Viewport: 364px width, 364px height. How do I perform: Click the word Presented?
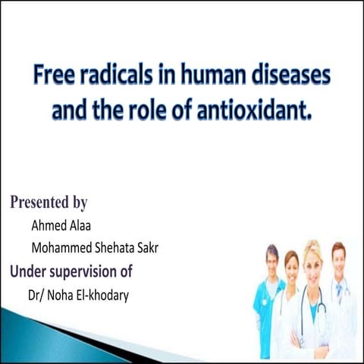[x=38, y=203]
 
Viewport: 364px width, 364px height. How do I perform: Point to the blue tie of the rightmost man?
[x=339, y=292]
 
